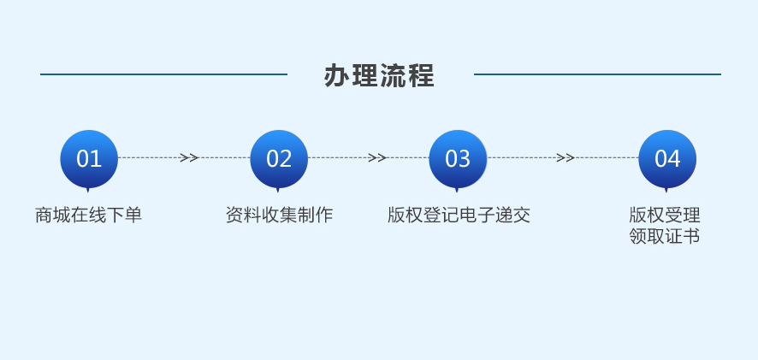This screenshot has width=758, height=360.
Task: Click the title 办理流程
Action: point(379,75)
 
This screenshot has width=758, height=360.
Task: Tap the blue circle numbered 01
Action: point(89,158)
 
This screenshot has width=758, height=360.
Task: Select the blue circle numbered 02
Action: point(279,158)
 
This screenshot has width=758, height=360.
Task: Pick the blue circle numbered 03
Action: point(458,158)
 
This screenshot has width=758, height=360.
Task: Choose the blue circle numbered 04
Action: point(667,158)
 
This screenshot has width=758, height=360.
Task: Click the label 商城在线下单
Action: point(88,215)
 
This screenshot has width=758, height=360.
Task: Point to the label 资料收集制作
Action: point(279,215)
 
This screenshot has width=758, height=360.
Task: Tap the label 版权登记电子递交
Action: point(459,215)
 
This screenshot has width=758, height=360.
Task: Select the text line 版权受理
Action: point(665,215)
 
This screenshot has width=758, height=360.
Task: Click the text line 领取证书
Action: point(665,236)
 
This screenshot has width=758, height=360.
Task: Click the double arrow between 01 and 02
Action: point(189,157)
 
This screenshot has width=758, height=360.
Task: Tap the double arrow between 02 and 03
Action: point(376,157)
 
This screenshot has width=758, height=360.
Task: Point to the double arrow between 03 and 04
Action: point(565,157)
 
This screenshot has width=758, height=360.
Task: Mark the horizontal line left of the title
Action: point(164,74)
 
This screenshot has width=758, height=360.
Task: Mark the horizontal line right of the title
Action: point(597,74)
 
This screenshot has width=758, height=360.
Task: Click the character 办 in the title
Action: point(336,75)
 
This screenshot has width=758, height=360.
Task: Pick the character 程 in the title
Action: point(421,75)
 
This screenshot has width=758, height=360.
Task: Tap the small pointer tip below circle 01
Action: point(88,192)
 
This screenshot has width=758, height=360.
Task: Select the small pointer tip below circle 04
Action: point(666,192)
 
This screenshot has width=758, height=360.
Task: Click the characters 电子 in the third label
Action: point(477,215)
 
